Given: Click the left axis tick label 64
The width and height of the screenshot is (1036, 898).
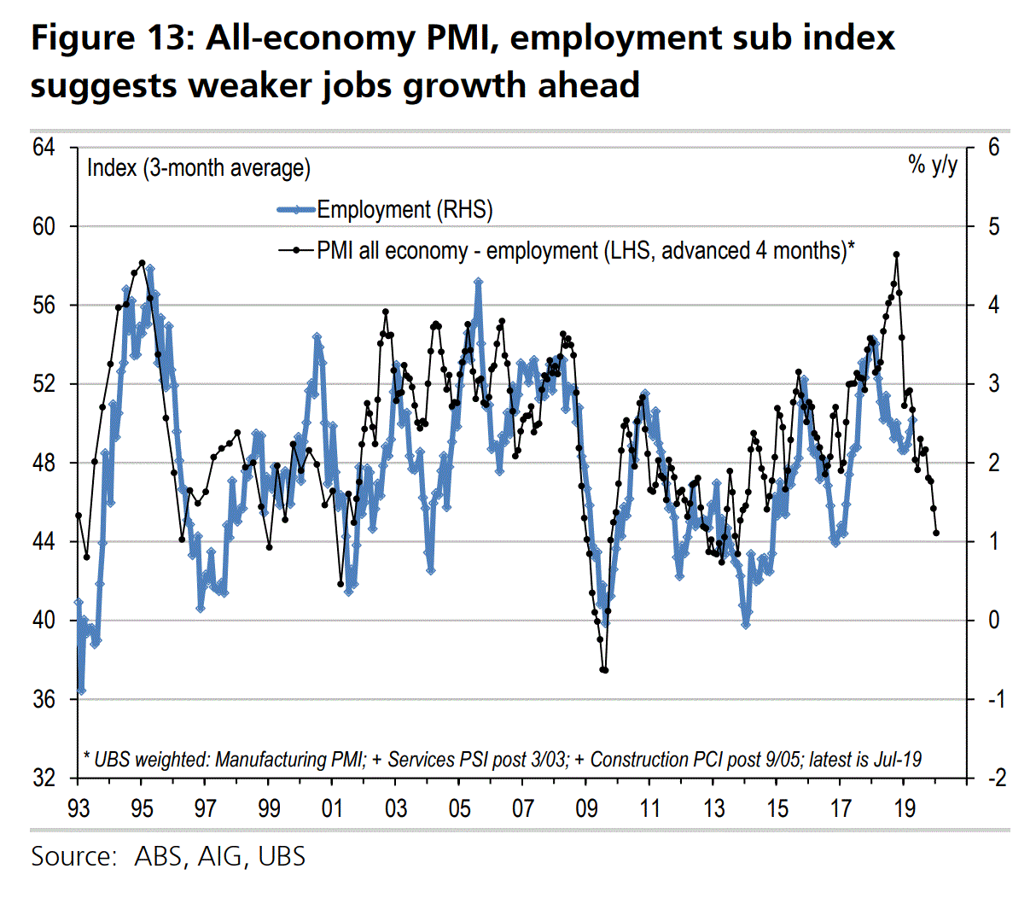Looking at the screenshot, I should [x=44, y=148].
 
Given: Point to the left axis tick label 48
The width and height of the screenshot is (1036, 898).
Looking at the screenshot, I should [x=44, y=464].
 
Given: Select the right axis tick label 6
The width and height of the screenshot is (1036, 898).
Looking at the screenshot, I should [x=993, y=148].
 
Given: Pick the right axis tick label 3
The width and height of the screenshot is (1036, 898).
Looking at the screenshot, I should [x=993, y=384].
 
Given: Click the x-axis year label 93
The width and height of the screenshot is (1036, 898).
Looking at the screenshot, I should [x=78, y=808].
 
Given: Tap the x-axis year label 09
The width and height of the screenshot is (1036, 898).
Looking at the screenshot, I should [x=586, y=808].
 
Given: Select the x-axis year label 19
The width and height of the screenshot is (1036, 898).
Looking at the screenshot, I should [x=904, y=808].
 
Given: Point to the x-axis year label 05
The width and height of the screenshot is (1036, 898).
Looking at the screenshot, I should [x=459, y=808].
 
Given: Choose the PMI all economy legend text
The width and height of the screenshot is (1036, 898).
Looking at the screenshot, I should [x=585, y=251].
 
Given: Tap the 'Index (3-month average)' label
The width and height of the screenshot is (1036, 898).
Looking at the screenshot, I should [x=199, y=167].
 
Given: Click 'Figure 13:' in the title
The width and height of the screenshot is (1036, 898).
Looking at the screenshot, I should [x=112, y=38].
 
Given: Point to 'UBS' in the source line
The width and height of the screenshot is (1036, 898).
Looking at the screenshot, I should [x=282, y=856].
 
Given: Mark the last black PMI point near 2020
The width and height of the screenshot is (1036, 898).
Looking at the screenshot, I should [x=937, y=533].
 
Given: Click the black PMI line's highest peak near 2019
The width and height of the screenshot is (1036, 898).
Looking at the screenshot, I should [x=896, y=254].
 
